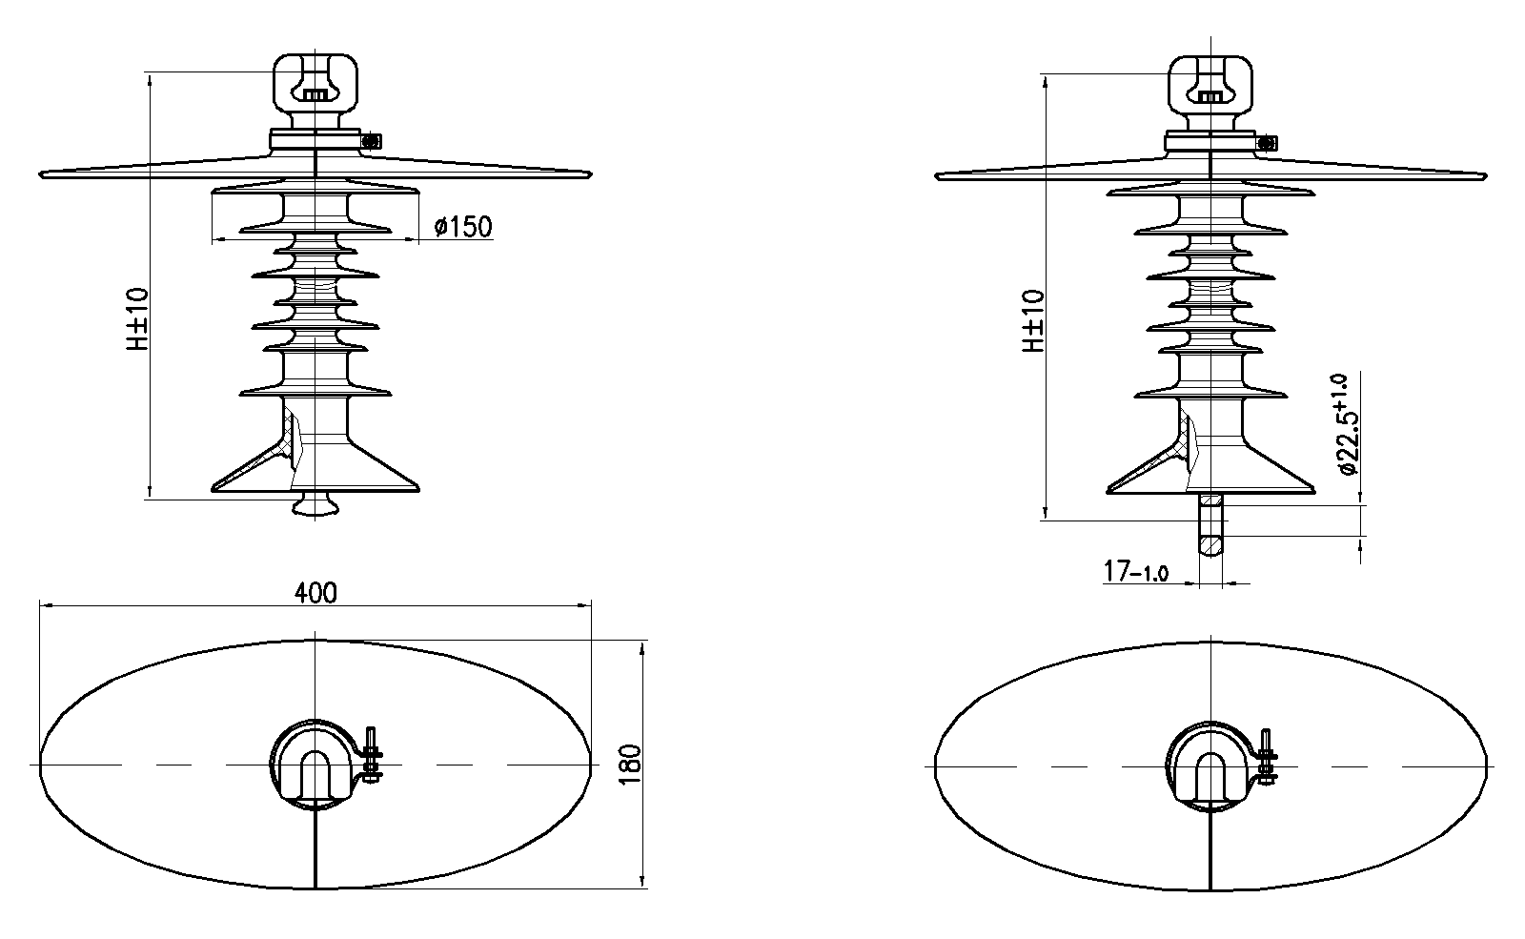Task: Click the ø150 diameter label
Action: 463,226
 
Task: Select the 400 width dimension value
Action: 315,593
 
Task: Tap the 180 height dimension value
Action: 631,764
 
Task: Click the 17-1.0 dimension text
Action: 1135,571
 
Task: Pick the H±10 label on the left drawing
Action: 137,318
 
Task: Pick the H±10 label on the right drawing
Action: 1033,320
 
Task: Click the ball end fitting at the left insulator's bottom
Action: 315,504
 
